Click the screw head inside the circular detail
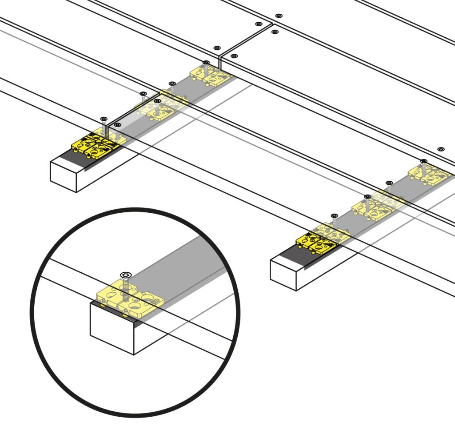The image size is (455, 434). coord(124,275)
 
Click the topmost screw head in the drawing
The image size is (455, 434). coord(279,16)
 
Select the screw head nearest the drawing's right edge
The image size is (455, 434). coord(440,149)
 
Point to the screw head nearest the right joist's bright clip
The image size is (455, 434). coord(334,216)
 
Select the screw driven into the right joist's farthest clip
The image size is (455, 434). coord(423,161)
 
